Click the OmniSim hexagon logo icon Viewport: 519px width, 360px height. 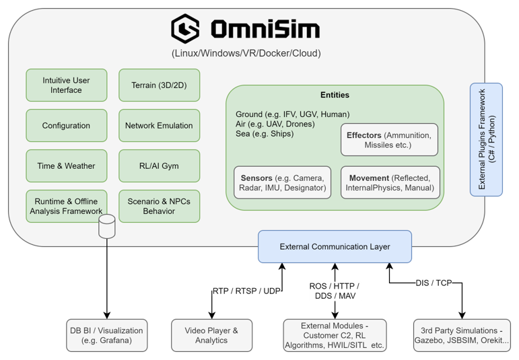[x=185, y=29]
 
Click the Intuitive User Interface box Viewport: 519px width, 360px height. [x=66, y=85]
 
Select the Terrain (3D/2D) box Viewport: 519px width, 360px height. [x=159, y=85]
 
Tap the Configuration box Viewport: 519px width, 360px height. [x=66, y=126]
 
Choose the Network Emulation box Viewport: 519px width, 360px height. [x=159, y=126]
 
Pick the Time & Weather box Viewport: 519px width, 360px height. [x=66, y=166]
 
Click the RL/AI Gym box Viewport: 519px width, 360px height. [x=159, y=166]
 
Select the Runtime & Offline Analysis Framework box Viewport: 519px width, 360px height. [x=66, y=206]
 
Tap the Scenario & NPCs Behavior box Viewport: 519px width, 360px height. [x=159, y=206]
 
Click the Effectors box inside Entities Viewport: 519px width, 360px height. [x=388, y=140]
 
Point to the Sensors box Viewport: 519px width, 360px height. [x=282, y=182]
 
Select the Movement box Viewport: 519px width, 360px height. [x=390, y=182]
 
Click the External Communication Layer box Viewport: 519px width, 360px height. [x=335, y=247]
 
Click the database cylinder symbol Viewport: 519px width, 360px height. [x=107, y=227]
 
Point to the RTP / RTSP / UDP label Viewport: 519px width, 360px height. [x=246, y=291]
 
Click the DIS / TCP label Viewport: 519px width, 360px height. [x=434, y=283]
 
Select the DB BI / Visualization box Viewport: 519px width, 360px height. [x=106, y=335]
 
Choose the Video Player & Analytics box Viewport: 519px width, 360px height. [x=211, y=335]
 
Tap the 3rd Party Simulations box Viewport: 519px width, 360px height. [x=461, y=335]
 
